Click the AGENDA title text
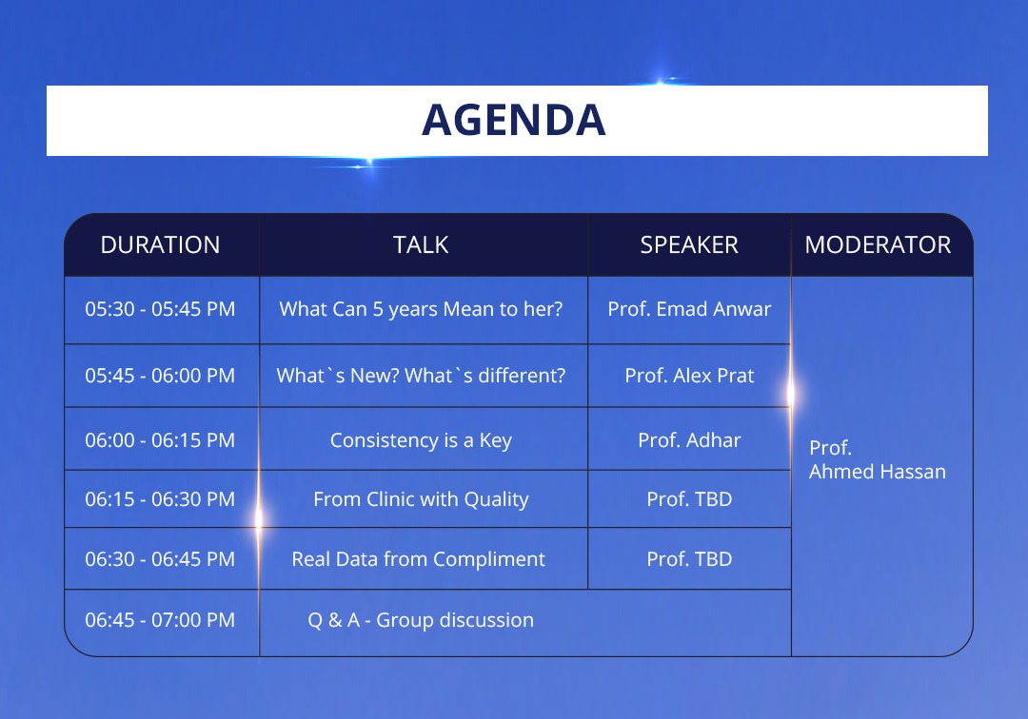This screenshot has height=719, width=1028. coord(513,120)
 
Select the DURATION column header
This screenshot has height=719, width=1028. coord(160,245)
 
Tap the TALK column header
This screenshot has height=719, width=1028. coord(421,245)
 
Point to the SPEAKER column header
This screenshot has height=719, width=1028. coord(689,245)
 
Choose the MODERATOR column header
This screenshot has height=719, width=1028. coord(878,245)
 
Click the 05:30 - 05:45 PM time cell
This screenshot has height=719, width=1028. coord(160,309)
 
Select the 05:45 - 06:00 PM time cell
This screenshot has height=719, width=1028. coord(160,376)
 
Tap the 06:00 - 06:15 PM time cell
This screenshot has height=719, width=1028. coord(160,440)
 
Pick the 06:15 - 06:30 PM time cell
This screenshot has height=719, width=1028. coord(160,499)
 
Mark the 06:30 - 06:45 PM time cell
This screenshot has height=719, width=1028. coord(160,559)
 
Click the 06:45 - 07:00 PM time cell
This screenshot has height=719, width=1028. coord(160,620)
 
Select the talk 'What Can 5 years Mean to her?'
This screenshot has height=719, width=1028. coord(421,309)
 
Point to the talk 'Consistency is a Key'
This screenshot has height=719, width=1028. coord(421,440)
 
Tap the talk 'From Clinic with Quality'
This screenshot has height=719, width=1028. coord(421,499)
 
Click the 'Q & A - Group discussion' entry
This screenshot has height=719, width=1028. coord(421,620)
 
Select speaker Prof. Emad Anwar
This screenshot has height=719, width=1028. coord(689,309)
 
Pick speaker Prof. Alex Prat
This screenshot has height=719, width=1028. coord(689,376)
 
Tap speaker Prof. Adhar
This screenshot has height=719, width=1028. coord(689,440)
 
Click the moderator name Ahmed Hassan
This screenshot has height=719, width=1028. coord(878,472)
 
